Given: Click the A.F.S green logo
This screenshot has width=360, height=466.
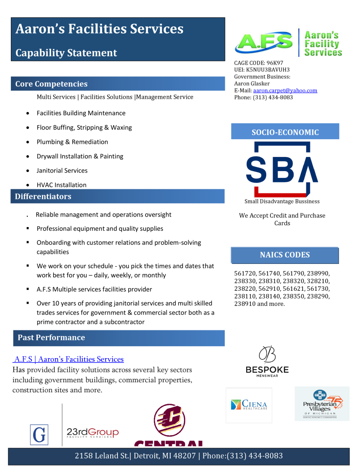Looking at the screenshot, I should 264,43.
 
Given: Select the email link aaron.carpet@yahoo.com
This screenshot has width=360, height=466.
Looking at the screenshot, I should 285,91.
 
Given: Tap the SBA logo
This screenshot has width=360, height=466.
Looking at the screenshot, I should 282,169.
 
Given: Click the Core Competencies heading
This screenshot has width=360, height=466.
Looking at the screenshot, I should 51,84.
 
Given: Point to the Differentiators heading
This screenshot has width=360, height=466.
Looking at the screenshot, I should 43,197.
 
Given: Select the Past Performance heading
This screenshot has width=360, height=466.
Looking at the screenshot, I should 51,337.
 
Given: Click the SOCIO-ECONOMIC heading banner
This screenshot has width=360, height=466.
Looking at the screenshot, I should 285,132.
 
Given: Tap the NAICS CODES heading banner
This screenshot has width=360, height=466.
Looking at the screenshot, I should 284,255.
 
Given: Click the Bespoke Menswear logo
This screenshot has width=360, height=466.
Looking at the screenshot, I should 267,361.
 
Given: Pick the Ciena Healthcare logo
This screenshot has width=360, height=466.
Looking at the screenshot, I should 249,405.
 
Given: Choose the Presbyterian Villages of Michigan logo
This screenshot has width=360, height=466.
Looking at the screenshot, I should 322,404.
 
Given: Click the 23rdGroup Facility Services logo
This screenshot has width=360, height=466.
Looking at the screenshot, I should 92,433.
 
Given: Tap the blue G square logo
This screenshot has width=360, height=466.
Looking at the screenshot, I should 39,434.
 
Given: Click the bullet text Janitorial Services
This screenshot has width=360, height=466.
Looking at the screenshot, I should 62,171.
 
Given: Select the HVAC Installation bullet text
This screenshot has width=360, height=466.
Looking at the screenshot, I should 61,185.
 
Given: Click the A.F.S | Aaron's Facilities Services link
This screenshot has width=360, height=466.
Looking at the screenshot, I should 68,359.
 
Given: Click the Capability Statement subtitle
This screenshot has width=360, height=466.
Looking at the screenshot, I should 66,53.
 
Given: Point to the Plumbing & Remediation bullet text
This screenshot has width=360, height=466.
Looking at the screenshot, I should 72,142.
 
